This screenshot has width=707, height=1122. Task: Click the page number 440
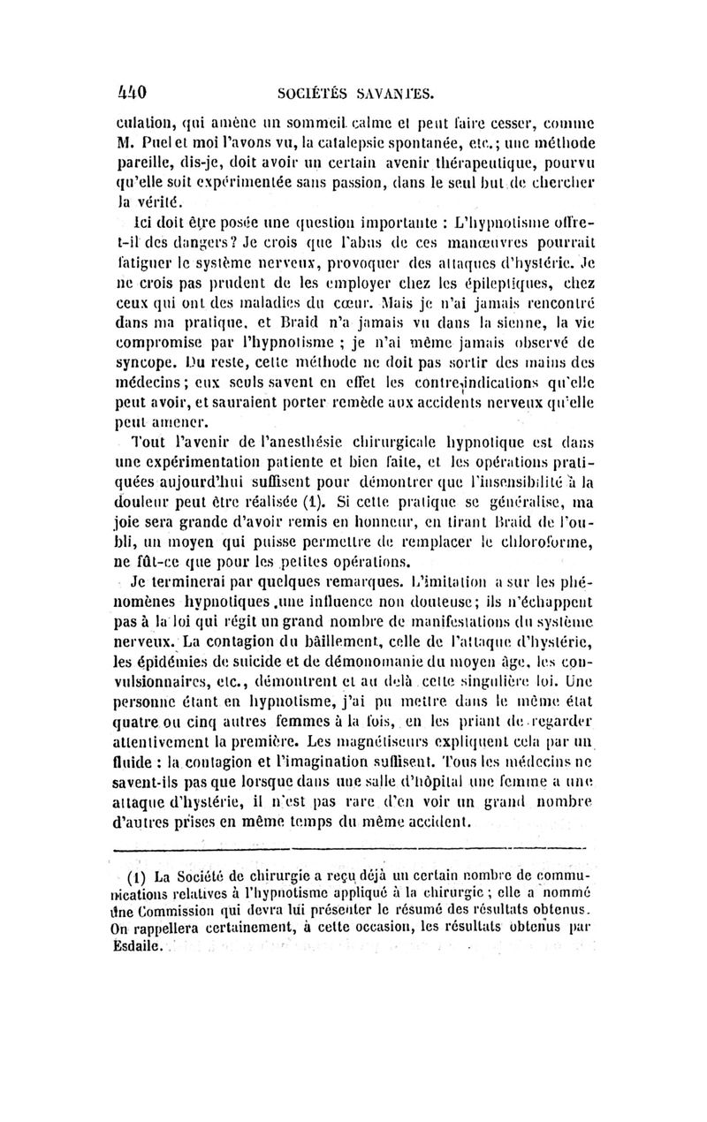[131, 90]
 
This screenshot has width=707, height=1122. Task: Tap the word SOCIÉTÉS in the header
[314, 91]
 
